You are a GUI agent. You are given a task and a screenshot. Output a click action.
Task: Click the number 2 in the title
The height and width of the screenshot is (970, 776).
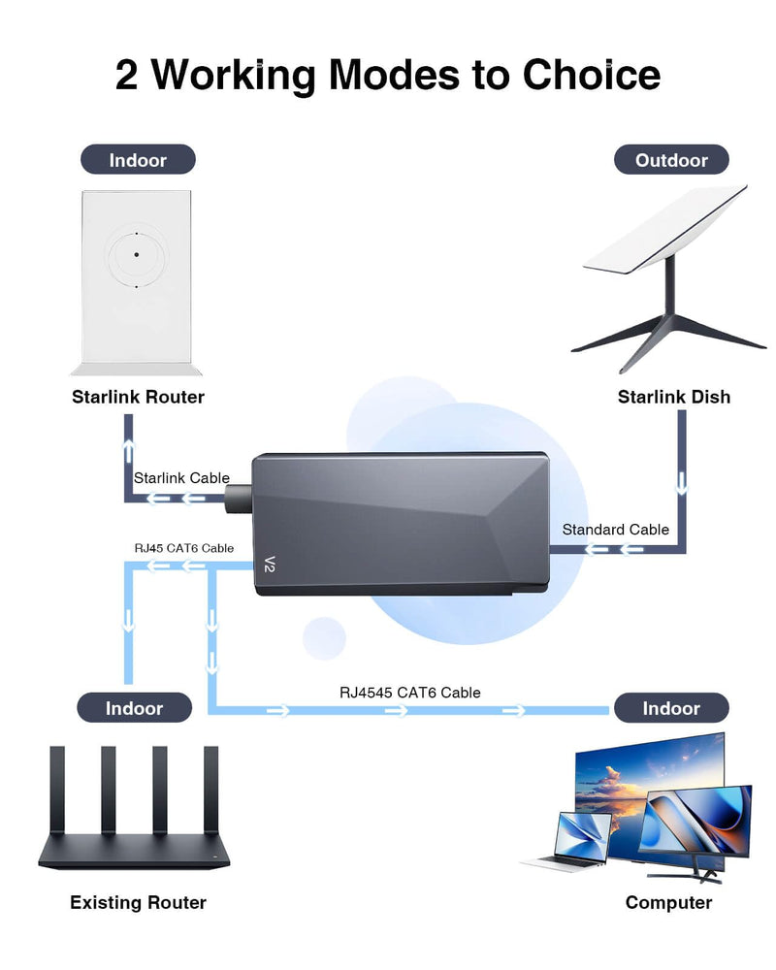[127, 75]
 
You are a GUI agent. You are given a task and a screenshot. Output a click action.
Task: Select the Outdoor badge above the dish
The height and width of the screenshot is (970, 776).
[671, 159]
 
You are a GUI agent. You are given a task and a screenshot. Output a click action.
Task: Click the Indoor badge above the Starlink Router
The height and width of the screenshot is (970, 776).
[138, 159]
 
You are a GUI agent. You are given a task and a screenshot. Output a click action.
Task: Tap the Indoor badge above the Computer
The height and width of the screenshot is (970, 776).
[670, 708]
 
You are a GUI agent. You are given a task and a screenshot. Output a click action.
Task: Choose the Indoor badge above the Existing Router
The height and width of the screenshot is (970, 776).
[135, 708]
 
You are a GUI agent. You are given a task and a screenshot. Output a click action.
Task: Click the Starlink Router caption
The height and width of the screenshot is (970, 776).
[138, 397]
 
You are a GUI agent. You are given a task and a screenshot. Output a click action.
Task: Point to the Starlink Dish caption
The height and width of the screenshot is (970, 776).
[674, 397]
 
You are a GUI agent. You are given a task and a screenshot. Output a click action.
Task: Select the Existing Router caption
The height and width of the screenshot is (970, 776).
[138, 903]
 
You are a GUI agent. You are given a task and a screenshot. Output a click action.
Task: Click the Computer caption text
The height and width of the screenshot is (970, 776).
[668, 903]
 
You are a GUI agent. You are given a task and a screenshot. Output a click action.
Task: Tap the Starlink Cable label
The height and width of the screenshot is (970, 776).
[181, 477]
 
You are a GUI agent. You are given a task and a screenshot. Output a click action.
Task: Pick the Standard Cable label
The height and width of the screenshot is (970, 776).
[616, 530]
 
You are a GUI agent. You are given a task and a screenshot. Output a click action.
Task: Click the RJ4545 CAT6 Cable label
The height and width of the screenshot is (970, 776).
[409, 693]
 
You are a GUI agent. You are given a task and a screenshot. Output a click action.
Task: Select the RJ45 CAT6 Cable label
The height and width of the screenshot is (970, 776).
[183, 548]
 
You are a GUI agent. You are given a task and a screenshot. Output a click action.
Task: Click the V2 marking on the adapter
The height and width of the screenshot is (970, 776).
[271, 564]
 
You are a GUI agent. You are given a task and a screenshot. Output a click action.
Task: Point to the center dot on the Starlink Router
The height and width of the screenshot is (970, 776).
[137, 254]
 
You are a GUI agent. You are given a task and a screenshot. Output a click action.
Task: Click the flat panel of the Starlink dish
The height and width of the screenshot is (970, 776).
[665, 231]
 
